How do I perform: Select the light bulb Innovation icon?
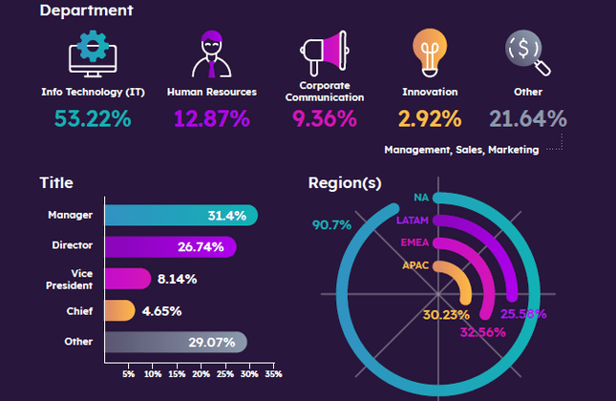[429, 53]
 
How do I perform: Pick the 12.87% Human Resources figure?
[211, 118]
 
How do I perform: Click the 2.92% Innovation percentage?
[430, 118]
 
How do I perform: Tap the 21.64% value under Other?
[528, 118]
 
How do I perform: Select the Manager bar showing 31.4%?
[181, 216]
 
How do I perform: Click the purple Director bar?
[169, 246]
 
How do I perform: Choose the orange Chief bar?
[118, 310]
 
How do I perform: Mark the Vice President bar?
[126, 279]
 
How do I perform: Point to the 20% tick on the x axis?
[201, 375]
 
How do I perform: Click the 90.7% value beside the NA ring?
[331, 225]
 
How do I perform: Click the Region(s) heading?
[345, 183]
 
